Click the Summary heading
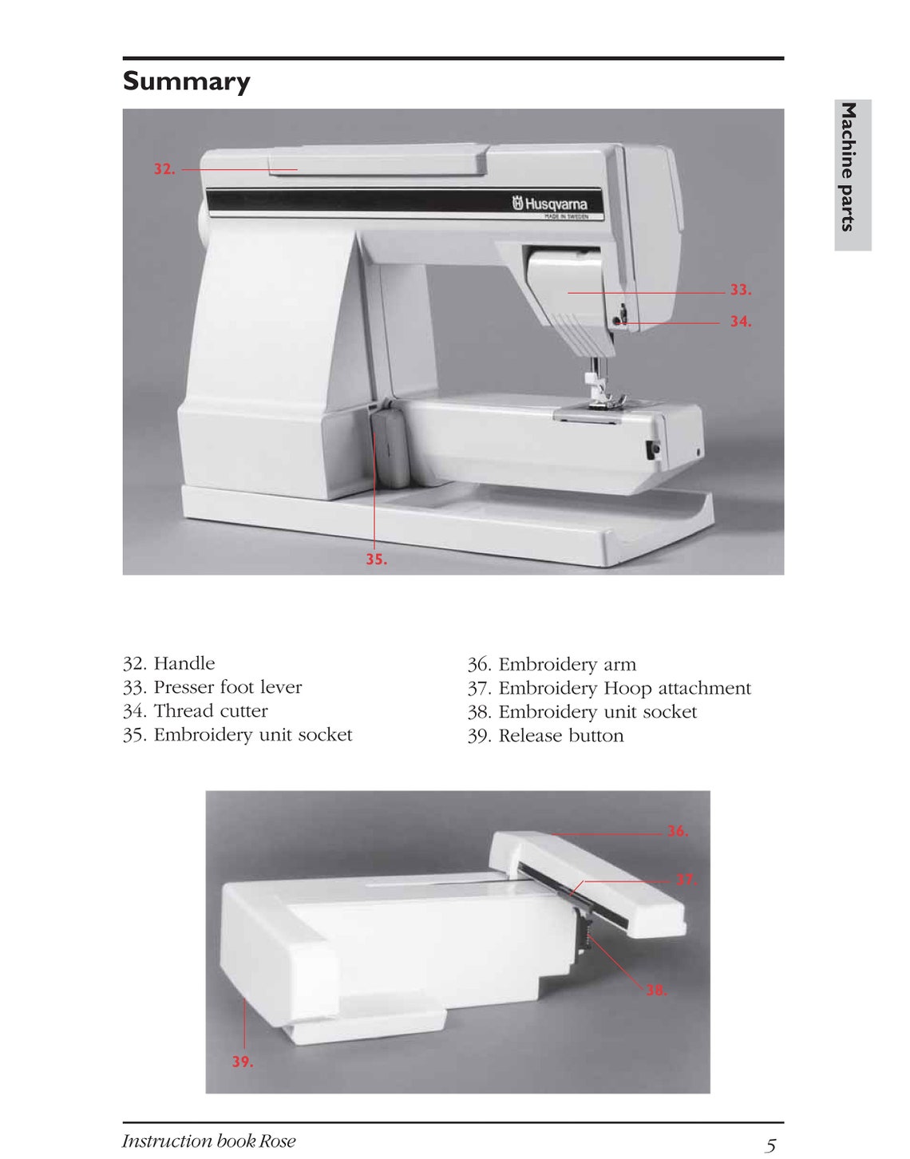(x=186, y=81)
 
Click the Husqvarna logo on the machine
(x=550, y=204)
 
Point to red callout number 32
(x=164, y=169)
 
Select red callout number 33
(x=740, y=290)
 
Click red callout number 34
(x=740, y=322)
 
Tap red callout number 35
(x=376, y=560)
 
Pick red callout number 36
(x=677, y=831)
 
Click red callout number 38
(x=655, y=990)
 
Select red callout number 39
(x=242, y=1062)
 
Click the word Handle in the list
(x=184, y=663)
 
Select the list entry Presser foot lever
(x=227, y=687)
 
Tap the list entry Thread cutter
(x=210, y=711)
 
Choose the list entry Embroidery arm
(x=567, y=664)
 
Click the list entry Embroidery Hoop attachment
(x=624, y=688)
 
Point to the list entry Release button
(x=560, y=736)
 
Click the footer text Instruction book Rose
(x=208, y=1141)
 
